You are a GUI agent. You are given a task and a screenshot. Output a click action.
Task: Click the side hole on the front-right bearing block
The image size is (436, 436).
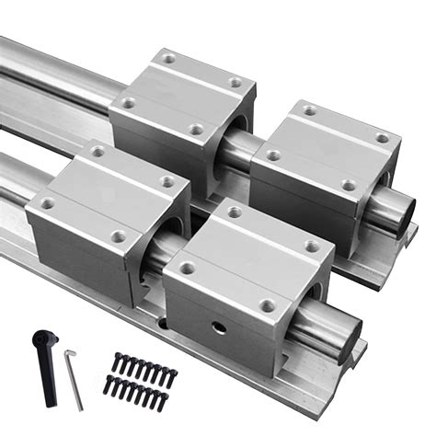pos(218,328)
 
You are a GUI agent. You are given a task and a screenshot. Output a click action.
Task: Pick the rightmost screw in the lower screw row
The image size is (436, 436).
pos(163,401)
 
